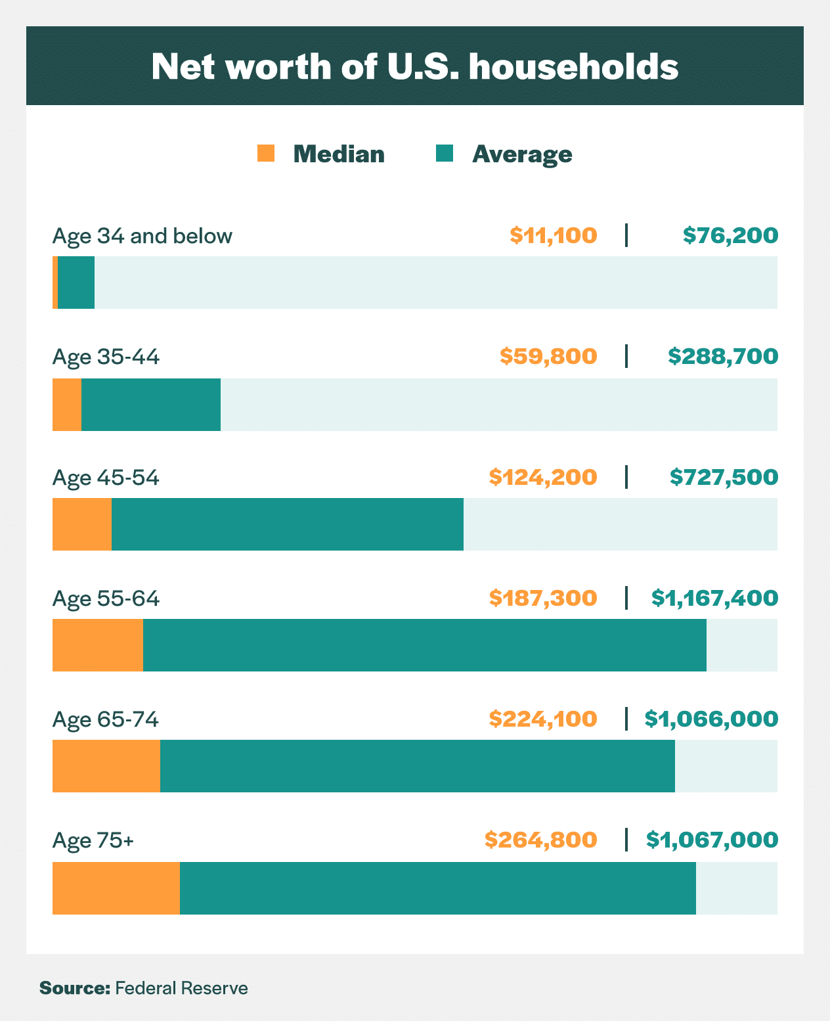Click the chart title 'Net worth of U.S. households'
(x=414, y=66)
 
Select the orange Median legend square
(x=266, y=153)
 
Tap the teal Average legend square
(x=445, y=153)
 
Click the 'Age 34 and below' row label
(x=142, y=236)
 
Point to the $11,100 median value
(x=554, y=235)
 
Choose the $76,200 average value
(x=730, y=235)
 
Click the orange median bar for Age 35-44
(x=67, y=405)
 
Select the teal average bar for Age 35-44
(x=151, y=405)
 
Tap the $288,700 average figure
(x=723, y=356)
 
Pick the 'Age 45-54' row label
(x=106, y=478)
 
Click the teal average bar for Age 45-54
(x=288, y=524)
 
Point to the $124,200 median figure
(x=543, y=477)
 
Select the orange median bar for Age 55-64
(x=98, y=645)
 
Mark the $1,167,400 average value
(x=714, y=598)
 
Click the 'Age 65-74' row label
(x=106, y=719)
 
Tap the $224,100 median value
(x=543, y=719)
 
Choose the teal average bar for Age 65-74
(x=418, y=766)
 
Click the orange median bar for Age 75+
(x=116, y=888)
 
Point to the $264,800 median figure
(x=541, y=840)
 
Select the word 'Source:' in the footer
(x=74, y=988)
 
